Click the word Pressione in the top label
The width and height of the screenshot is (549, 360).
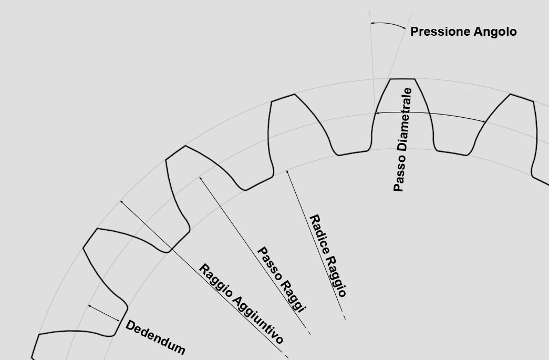[440, 32]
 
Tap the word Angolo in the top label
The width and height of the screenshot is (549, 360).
[495, 32]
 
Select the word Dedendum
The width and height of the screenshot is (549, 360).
[155, 337]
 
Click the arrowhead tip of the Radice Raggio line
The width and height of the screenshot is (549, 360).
[287, 170]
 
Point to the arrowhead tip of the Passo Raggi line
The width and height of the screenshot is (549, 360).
[200, 177]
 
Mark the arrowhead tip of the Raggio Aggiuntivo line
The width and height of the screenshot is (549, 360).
[120, 201]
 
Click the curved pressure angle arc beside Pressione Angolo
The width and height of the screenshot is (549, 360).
[388, 24]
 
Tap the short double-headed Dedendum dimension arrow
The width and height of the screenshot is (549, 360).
[103, 313]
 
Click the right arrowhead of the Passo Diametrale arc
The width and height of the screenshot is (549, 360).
[484, 121]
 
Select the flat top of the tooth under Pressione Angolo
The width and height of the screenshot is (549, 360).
[402, 79]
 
